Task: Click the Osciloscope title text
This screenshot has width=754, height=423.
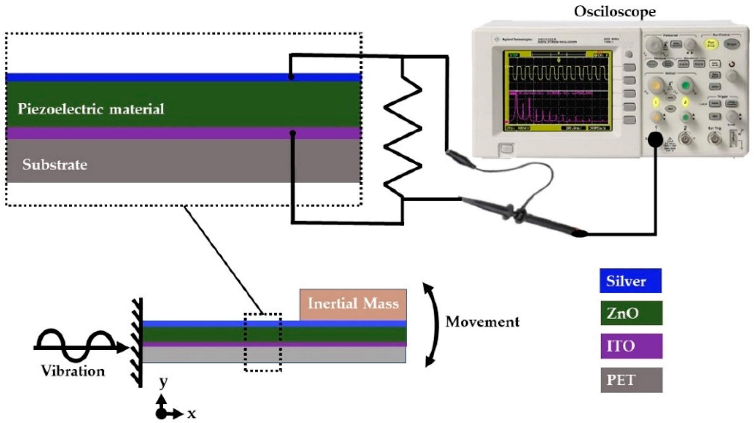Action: click(x=614, y=12)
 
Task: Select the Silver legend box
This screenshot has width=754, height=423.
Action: click(x=630, y=281)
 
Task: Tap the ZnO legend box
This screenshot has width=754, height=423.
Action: click(x=631, y=313)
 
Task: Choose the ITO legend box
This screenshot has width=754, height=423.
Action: click(x=631, y=346)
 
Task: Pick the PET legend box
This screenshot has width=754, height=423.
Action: click(x=631, y=380)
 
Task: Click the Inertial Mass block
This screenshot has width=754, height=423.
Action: click(x=353, y=304)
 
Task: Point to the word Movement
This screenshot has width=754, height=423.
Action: click(x=482, y=322)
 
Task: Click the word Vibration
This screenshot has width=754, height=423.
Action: click(x=72, y=371)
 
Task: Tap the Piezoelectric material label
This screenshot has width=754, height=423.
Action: click(x=91, y=109)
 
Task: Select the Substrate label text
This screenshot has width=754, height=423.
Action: click(x=54, y=165)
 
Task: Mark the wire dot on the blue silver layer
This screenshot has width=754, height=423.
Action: click(x=291, y=77)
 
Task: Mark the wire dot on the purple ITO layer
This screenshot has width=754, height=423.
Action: click(x=292, y=133)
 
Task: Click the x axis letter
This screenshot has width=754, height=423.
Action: click(x=191, y=414)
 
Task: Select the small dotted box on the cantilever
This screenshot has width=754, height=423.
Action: click(x=263, y=342)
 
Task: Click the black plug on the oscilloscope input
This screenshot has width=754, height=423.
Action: click(x=655, y=140)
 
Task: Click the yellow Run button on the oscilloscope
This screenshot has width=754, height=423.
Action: click(x=711, y=44)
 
